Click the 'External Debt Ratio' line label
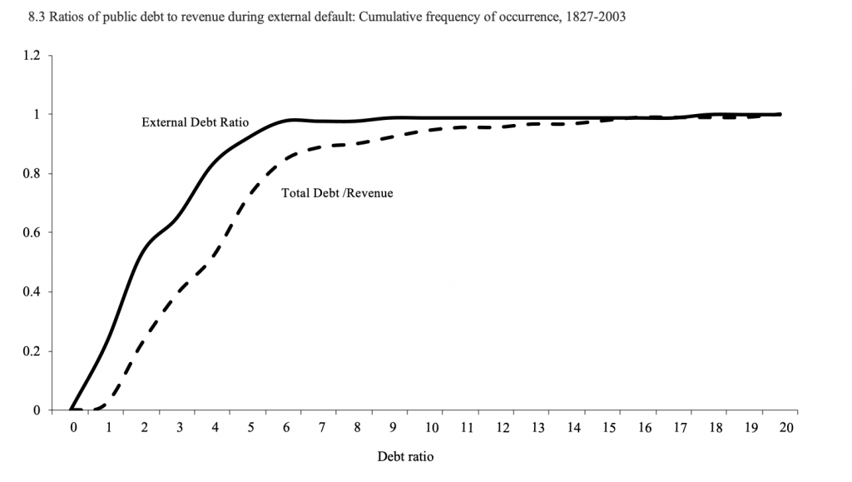point(195,122)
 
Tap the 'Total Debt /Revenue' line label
point(337,192)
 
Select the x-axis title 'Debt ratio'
point(405,456)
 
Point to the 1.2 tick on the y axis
point(32,56)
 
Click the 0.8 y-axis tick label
point(32,174)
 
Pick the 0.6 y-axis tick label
point(32,233)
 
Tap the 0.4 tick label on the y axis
point(32,292)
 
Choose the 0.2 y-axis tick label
point(32,351)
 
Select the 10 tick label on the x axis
point(432,428)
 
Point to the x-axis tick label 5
point(252,428)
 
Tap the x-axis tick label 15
point(610,428)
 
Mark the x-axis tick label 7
point(323,428)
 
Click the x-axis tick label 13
point(538,428)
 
